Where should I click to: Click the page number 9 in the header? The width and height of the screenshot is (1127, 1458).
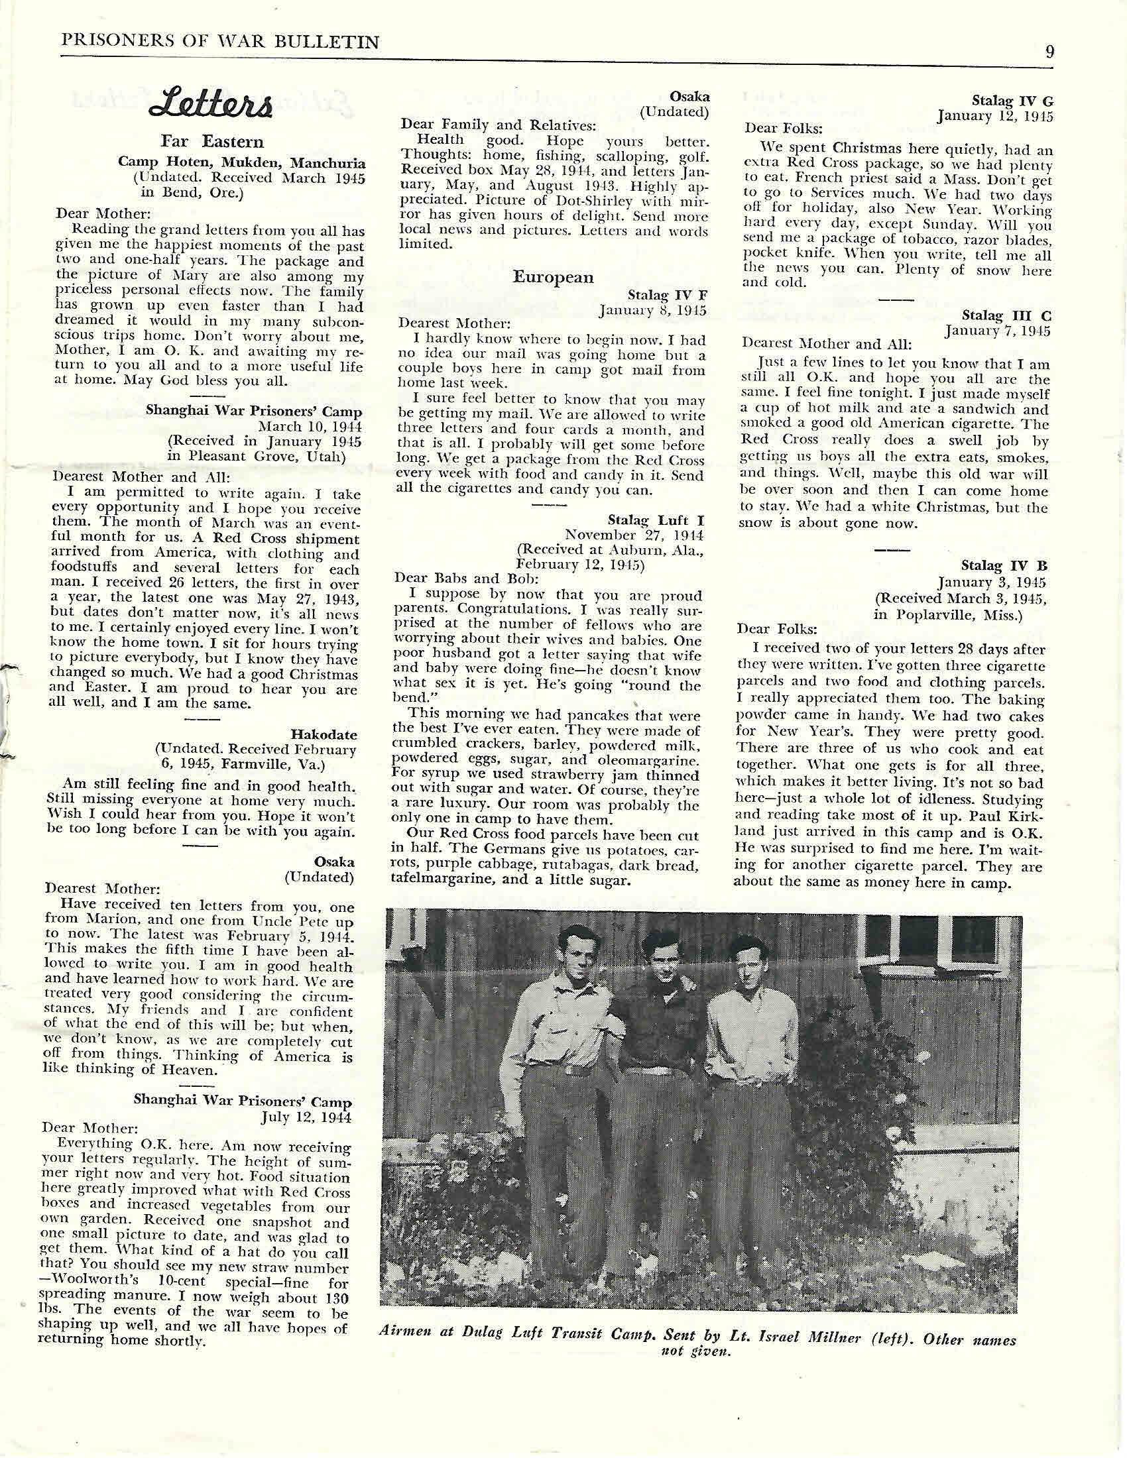(x=1049, y=52)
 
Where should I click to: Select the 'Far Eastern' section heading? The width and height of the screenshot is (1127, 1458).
(x=211, y=142)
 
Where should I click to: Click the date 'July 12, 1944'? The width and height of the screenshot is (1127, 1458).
(x=306, y=1115)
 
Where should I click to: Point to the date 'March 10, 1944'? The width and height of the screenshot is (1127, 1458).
(x=310, y=426)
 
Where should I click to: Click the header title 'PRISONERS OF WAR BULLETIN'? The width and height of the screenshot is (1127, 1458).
(x=220, y=42)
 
